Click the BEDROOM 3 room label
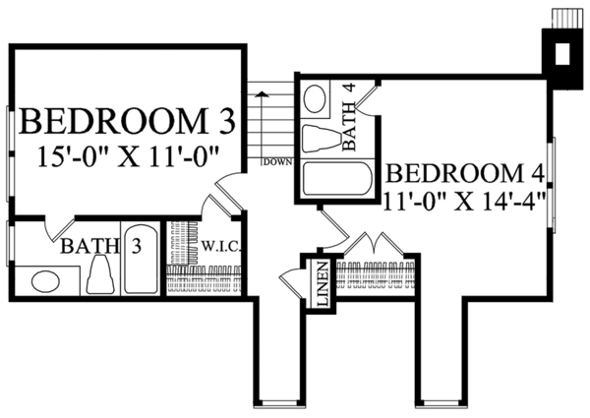pos(129,121)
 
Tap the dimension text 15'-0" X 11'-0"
pos(129,157)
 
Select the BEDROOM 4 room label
pos(465,174)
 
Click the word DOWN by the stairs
pos(277,162)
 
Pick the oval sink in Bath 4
pos(315,98)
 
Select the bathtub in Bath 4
pos(337,179)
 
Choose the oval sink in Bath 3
pos(45,281)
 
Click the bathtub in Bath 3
pos(141,259)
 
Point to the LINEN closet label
pos(324,283)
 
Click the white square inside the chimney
pos(562,54)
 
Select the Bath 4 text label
pos(349,117)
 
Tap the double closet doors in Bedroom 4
pos(375,244)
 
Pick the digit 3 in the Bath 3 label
pos(136,246)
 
